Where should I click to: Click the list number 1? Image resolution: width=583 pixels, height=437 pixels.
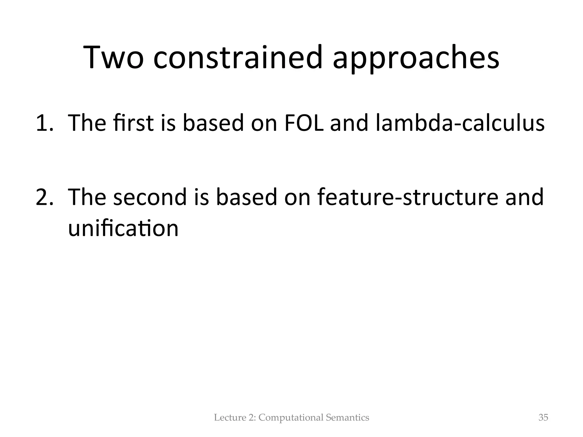tap(44, 123)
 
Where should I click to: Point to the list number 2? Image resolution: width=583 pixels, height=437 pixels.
tap(44, 197)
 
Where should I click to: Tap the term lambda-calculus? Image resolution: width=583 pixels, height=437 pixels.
tap(460, 123)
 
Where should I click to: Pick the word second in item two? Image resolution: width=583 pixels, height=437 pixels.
tap(149, 197)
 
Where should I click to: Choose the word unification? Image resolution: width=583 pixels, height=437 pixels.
tap(123, 228)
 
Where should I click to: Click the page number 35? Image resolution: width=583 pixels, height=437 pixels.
tap(543, 418)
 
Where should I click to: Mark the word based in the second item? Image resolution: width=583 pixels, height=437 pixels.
tap(247, 197)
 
